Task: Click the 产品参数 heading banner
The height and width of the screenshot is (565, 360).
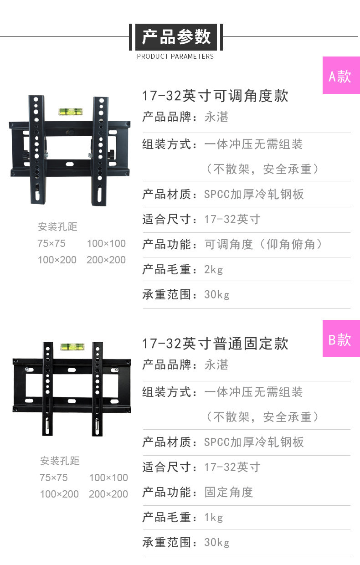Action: (x=176, y=37)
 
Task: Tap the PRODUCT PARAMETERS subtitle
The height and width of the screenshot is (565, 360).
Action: (x=175, y=56)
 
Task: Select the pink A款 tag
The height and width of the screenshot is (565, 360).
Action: (x=341, y=76)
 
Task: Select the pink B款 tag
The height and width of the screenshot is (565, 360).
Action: (x=341, y=339)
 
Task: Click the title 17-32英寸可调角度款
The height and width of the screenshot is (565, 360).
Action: (x=215, y=96)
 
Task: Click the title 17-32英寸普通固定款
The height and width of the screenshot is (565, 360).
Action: (x=215, y=344)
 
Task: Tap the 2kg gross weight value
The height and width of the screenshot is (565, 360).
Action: (x=214, y=269)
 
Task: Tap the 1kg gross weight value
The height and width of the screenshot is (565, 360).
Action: (x=214, y=517)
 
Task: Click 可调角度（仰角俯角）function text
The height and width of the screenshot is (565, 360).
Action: (x=263, y=244)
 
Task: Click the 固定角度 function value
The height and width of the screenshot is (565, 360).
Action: (x=229, y=492)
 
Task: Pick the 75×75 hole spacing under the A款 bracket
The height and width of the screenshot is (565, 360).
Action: (x=51, y=243)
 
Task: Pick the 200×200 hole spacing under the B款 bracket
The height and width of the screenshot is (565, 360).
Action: (x=108, y=494)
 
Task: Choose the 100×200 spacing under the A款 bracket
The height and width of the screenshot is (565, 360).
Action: (x=57, y=260)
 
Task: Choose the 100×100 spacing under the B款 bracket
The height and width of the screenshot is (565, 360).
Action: (x=108, y=478)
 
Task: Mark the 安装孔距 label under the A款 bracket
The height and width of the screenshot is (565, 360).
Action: (x=57, y=226)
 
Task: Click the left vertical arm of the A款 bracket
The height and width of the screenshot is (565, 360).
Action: (x=36, y=150)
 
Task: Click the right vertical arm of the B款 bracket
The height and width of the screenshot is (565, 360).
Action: (x=97, y=387)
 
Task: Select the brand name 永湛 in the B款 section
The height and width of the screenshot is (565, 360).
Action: (x=216, y=365)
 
